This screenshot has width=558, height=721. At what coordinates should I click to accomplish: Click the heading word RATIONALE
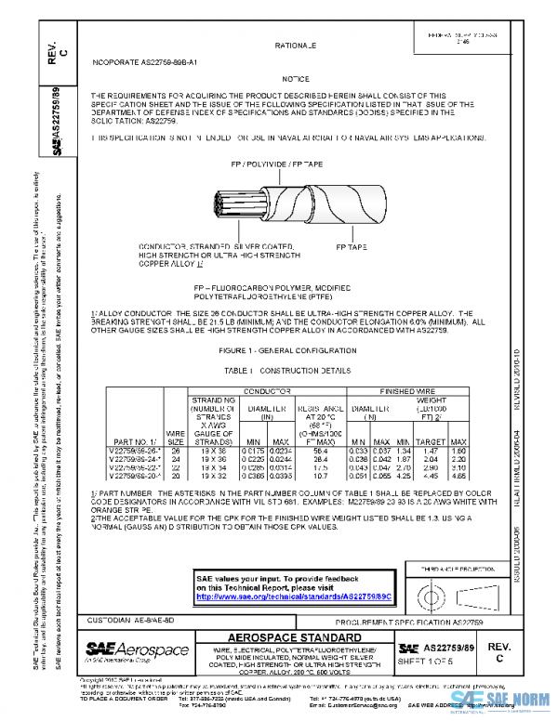tap(296, 46)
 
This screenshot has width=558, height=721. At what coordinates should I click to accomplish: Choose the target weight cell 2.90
tap(431, 465)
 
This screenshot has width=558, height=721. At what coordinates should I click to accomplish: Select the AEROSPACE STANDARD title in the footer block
tap(295, 636)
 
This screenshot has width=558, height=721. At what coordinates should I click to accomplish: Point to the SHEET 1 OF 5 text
tap(447, 660)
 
